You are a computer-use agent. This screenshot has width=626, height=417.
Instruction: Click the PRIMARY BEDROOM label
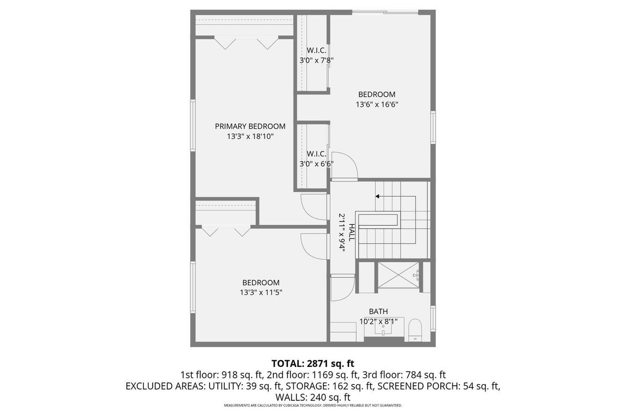(250, 126)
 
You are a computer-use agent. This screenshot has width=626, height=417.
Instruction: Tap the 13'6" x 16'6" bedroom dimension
(377, 104)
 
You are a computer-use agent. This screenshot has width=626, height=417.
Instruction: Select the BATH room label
(378, 311)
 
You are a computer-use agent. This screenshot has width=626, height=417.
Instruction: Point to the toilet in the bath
(415, 330)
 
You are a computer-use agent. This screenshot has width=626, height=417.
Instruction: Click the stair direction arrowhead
(377, 197)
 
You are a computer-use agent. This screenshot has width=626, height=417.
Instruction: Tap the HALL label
(351, 232)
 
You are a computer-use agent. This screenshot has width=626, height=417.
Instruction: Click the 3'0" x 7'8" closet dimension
(317, 60)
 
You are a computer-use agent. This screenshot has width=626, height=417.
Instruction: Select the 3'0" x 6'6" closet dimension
(317, 164)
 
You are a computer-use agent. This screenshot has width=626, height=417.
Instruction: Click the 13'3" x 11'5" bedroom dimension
(261, 292)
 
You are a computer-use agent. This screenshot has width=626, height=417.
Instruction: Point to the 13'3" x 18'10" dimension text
(250, 136)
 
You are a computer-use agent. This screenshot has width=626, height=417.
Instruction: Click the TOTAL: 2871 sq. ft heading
(313, 363)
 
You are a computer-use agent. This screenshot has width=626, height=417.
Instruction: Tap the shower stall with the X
(399, 275)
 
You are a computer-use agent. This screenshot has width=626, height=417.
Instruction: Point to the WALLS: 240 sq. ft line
(313, 397)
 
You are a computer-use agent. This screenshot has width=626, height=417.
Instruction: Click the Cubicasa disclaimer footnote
(313, 405)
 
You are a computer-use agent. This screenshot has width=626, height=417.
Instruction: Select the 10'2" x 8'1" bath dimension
(378, 322)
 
